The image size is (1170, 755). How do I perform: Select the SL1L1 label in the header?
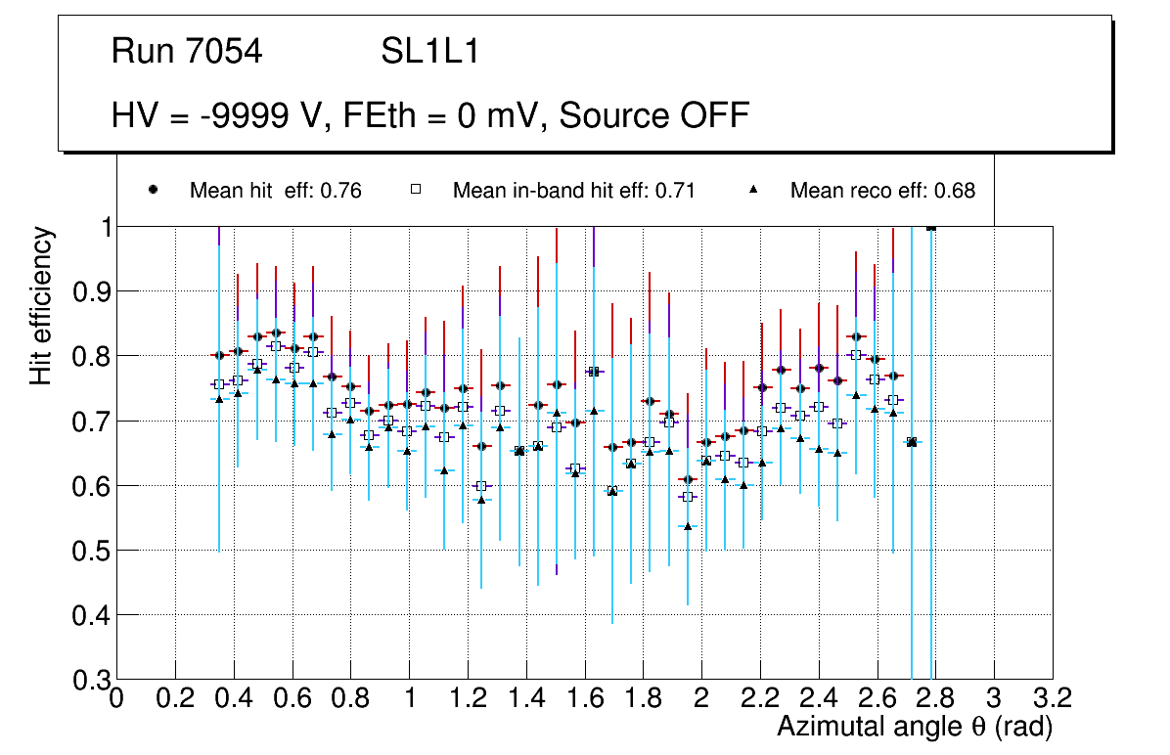click(x=430, y=52)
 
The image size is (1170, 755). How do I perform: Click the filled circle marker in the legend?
click(x=153, y=189)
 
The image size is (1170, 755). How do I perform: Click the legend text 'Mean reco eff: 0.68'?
click(x=882, y=191)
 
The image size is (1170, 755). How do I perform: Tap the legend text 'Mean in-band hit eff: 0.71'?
click(x=573, y=191)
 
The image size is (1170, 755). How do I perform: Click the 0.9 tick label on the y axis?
click(x=90, y=291)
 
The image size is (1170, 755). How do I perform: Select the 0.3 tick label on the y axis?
click(x=90, y=680)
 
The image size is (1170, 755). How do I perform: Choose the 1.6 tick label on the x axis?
click(x=585, y=698)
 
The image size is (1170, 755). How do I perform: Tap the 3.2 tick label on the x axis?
click(x=1053, y=698)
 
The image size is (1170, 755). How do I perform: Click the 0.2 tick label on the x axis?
click(x=175, y=698)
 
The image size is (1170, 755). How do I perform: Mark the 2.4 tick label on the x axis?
click(x=819, y=698)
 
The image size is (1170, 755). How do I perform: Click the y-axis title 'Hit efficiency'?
click(x=41, y=305)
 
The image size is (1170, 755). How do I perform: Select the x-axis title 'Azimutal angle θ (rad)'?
click(x=915, y=727)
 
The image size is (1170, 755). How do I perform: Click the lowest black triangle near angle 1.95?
click(x=688, y=526)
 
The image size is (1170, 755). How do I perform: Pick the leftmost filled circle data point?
click(x=219, y=355)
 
